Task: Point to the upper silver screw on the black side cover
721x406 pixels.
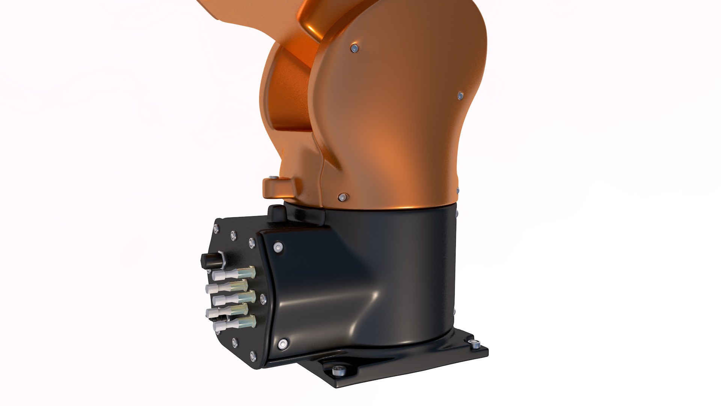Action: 278,247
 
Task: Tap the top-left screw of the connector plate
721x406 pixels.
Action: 216,228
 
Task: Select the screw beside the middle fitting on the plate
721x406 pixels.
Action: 262,299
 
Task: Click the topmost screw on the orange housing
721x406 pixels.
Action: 354,48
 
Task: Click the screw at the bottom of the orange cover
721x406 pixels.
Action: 342,197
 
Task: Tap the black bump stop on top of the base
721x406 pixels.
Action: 278,213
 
